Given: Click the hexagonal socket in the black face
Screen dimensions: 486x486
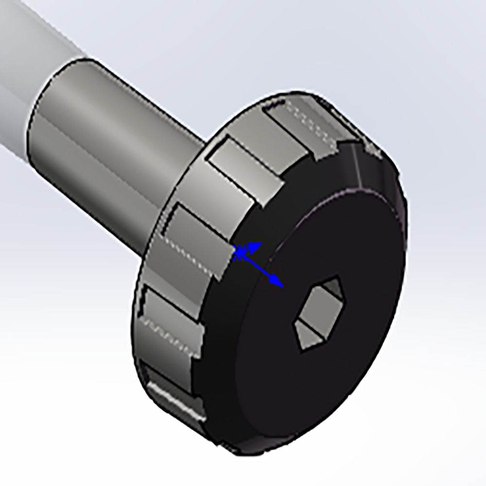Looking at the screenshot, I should click(x=318, y=313).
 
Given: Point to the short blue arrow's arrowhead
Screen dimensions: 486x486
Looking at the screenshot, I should click(x=256, y=247).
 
